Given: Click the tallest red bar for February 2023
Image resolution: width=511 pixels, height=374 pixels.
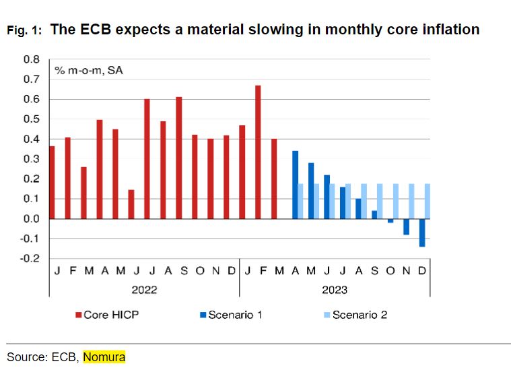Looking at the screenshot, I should pos(258,152).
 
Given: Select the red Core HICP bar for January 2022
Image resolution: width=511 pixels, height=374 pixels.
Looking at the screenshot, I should pos(52,182).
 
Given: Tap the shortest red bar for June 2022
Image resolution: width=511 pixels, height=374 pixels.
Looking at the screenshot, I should pos(131,204).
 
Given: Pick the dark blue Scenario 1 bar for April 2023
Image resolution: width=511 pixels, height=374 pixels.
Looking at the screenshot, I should pos(295,185).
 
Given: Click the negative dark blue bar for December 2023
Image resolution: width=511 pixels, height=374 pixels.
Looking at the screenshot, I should pos(422,232).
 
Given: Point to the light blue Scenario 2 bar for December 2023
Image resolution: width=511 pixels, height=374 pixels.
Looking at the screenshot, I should pos(428,201).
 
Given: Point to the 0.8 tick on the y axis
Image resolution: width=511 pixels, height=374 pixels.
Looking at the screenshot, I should pos(32,59).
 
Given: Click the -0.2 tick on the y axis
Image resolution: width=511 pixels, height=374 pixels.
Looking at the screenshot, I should pos(30,259).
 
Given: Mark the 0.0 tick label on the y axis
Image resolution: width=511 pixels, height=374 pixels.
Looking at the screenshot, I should pos(32,219).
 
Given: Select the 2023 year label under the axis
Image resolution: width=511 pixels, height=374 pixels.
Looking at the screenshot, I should pos(334,290).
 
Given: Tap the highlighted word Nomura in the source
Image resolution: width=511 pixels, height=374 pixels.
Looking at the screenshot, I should pos(104,356).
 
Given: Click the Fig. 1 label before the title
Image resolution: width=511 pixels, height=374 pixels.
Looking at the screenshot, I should pos(24,31).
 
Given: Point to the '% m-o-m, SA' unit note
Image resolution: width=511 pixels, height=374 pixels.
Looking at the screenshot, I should pos(83,70).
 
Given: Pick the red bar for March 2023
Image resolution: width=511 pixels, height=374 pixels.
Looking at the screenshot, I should pos(274,179).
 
